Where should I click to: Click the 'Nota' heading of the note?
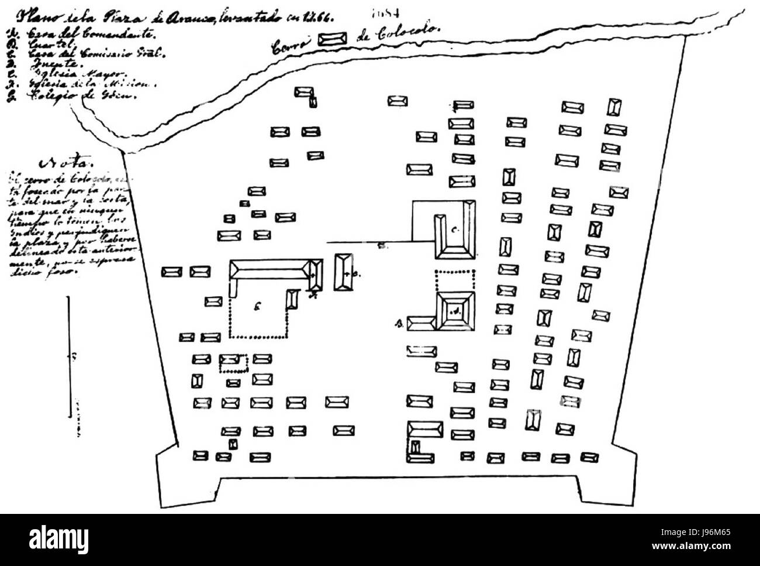[65, 162]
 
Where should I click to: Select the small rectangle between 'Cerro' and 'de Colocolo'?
[332, 39]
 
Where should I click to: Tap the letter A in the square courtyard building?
[454, 312]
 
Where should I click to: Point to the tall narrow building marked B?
[343, 272]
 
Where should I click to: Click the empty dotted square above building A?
[456, 281]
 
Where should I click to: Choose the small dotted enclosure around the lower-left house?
[233, 363]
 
